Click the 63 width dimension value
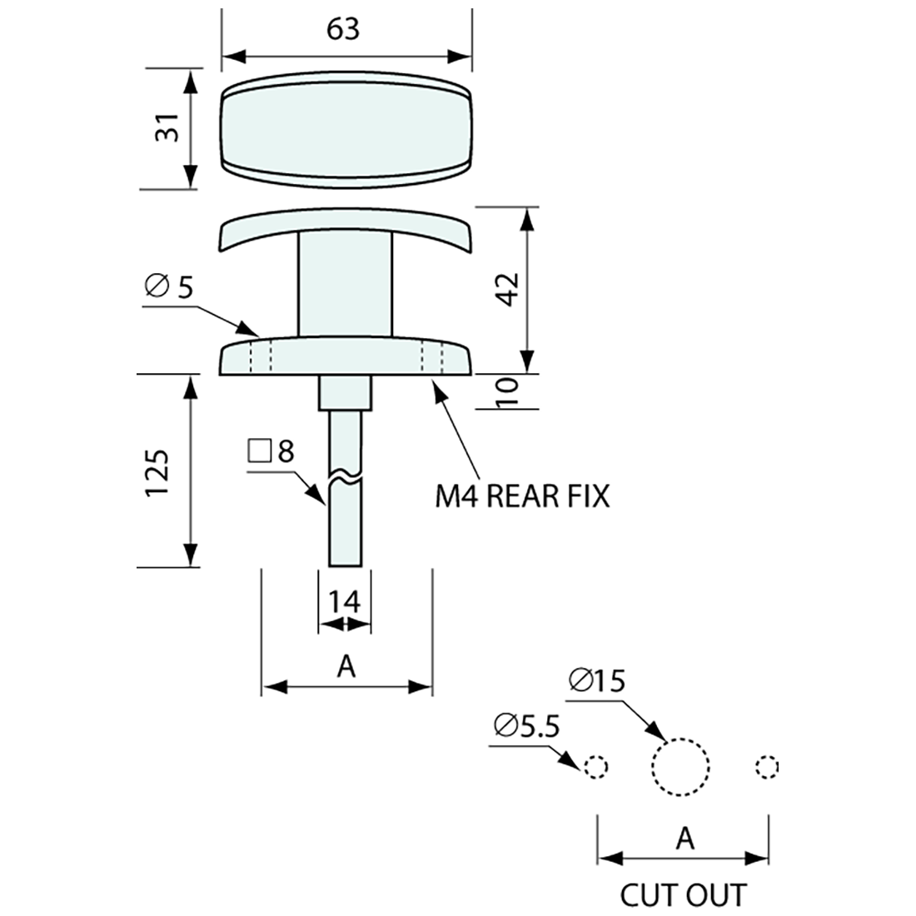(x=343, y=28)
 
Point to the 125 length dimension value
(x=158, y=474)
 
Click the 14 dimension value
(x=344, y=601)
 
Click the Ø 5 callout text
(x=169, y=286)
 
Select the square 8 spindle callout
(x=271, y=451)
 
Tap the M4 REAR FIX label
(x=522, y=496)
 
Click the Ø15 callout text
(x=596, y=681)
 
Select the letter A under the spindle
(x=346, y=666)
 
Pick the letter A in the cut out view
(x=685, y=839)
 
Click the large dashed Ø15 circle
(x=681, y=766)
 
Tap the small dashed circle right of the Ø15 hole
(x=767, y=766)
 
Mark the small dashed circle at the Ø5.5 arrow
(x=596, y=766)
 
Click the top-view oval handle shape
(x=346, y=130)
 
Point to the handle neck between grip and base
(x=345, y=283)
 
